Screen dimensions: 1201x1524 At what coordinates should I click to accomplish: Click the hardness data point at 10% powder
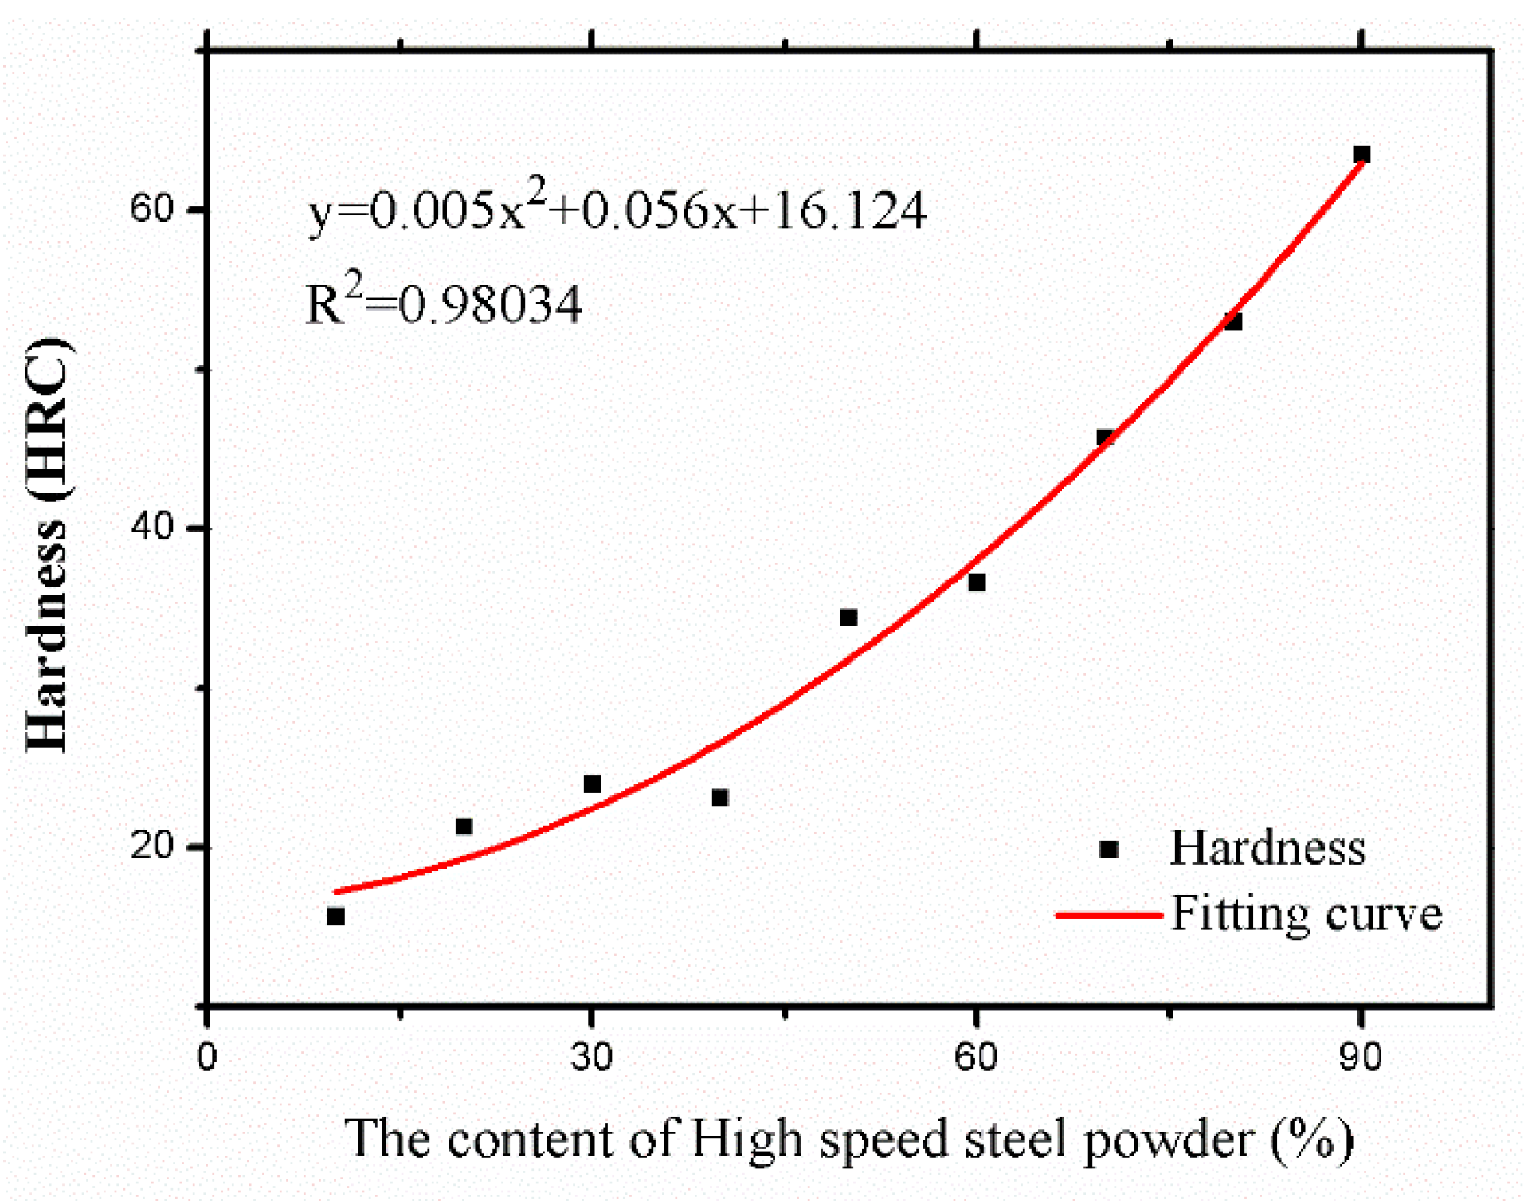coord(335,916)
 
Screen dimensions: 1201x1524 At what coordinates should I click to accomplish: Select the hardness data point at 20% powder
coord(464,826)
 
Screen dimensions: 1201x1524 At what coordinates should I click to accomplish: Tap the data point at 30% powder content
coord(592,784)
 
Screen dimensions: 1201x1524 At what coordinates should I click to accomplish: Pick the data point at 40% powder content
coord(720,797)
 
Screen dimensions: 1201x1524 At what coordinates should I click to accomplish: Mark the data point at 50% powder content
coord(848,618)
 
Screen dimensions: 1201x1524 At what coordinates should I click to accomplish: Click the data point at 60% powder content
coord(977,583)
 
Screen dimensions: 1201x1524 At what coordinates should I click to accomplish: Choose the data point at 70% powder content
coord(1105,438)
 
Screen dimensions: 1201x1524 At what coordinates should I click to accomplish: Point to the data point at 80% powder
coord(1233,321)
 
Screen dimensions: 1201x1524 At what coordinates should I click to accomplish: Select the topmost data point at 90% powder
coord(1361,154)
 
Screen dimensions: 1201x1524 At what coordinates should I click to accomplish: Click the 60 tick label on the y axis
coord(151,209)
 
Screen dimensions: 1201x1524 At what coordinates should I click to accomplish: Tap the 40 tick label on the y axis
coord(151,527)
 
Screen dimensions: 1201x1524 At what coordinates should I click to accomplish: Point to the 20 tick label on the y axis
coord(151,846)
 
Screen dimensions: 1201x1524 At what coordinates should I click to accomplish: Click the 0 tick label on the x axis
coord(207,1057)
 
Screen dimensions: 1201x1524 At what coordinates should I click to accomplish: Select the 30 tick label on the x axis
coord(592,1057)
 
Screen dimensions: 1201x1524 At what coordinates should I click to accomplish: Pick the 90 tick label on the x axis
coord(1361,1057)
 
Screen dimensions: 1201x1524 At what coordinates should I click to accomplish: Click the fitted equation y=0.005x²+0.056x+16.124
coord(617,209)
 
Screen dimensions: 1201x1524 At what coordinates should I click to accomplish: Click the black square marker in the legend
coord(1108,849)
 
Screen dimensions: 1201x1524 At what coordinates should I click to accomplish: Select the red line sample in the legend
coord(1108,915)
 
